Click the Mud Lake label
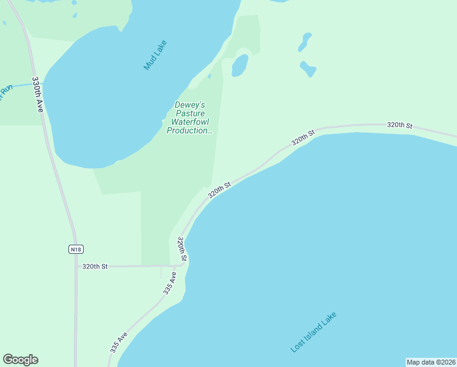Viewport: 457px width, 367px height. [x=155, y=55]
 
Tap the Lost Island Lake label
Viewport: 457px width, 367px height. [x=313, y=332]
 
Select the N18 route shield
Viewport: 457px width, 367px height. [x=75, y=249]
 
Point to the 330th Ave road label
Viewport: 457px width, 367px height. [x=38, y=94]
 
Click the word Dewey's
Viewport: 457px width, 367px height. [x=189, y=105]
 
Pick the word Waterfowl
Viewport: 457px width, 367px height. [x=189, y=122]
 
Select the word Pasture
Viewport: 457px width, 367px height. [x=190, y=113]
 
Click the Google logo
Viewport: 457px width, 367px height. [x=20, y=360]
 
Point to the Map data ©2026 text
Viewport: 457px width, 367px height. [x=431, y=362]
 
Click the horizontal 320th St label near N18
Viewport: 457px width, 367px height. [x=95, y=266]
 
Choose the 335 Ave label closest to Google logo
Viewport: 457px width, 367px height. [x=119, y=343]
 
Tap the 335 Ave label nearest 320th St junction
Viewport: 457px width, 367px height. [x=170, y=284]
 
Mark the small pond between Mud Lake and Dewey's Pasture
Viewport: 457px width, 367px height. [x=239, y=65]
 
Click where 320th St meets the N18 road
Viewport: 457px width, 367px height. [x=76, y=267]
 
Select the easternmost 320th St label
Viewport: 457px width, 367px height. [x=400, y=125]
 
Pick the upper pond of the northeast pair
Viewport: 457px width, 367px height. [x=304, y=42]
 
